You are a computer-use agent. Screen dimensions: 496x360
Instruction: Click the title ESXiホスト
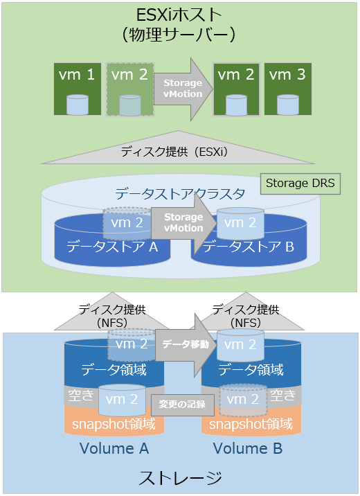click(180, 13)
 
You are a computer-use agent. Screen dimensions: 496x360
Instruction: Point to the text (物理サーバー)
click(179, 33)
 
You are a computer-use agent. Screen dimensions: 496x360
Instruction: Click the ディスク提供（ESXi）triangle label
click(179, 150)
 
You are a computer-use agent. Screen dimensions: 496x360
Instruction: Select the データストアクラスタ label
click(180, 194)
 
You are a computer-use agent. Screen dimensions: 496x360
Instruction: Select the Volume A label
click(114, 448)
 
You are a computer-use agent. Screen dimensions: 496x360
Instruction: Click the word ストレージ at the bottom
click(181, 478)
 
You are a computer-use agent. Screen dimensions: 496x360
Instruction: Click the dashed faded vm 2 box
click(129, 88)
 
